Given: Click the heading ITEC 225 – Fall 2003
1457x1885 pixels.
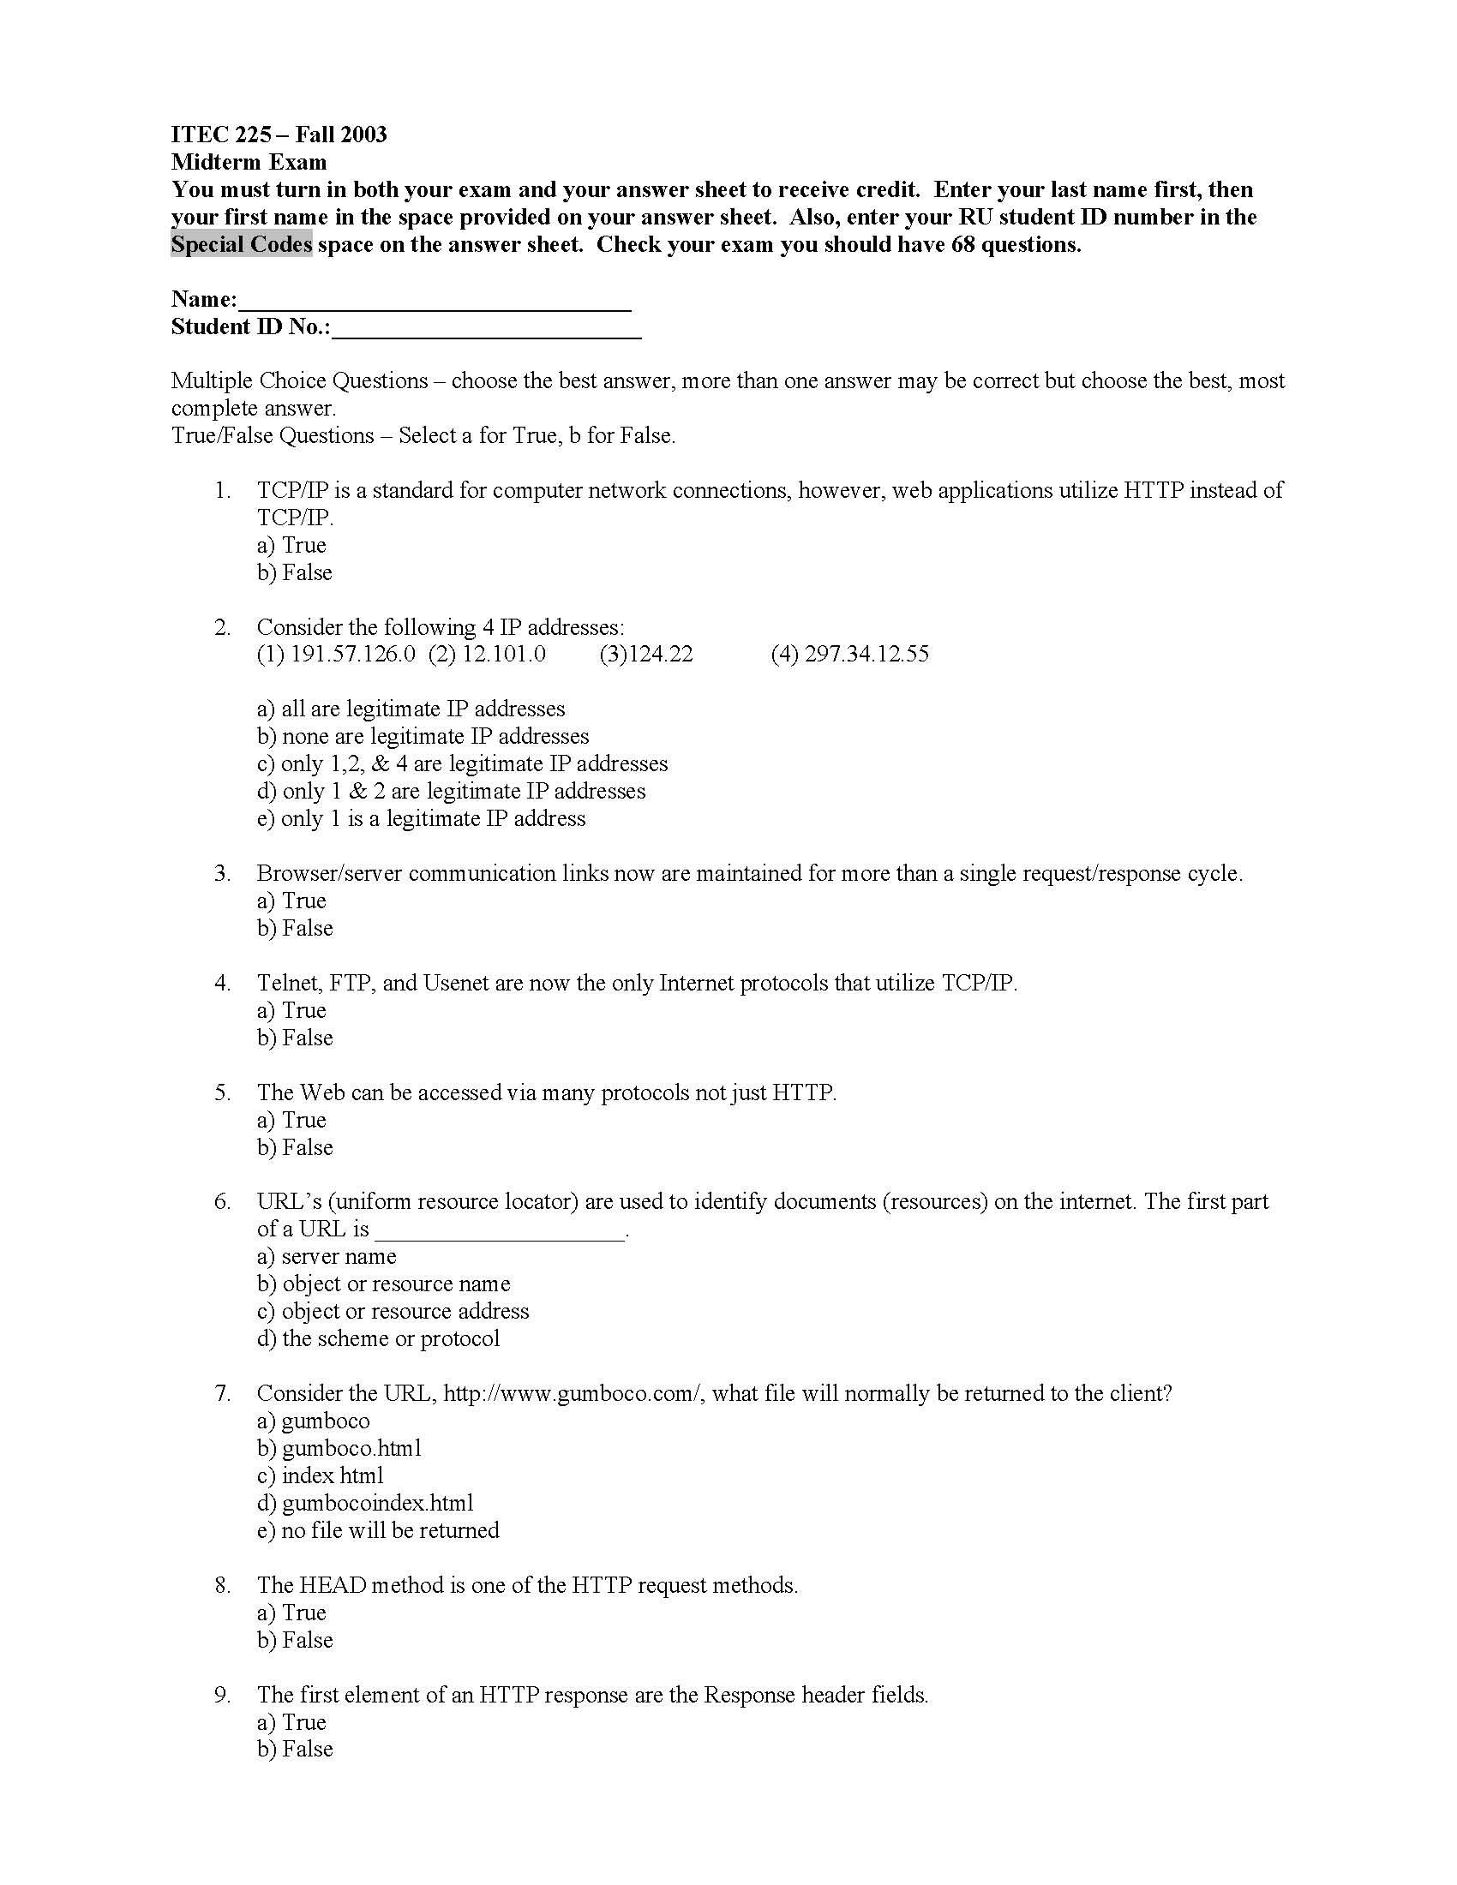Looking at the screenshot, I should pos(278,135).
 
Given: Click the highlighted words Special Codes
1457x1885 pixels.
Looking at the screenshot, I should pos(241,245).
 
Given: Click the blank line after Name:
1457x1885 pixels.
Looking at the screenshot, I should pos(435,302).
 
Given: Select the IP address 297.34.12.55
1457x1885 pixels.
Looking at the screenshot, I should pos(866,655).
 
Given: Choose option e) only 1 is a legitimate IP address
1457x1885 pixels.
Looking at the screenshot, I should pos(420,819).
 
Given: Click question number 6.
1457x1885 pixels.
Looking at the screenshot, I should pos(223,1202).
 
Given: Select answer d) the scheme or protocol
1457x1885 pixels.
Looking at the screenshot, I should pos(378,1338).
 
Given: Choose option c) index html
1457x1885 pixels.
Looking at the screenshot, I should pos(320,1476).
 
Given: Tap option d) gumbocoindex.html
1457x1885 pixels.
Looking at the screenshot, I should pos(365,1504).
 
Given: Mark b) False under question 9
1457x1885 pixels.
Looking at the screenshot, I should pos(294,1750).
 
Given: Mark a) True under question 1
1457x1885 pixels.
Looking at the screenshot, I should pos(291,546).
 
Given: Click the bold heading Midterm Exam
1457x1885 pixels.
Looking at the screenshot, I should pos(249,162).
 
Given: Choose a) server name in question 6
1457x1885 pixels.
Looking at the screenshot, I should pos(327,1257).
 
